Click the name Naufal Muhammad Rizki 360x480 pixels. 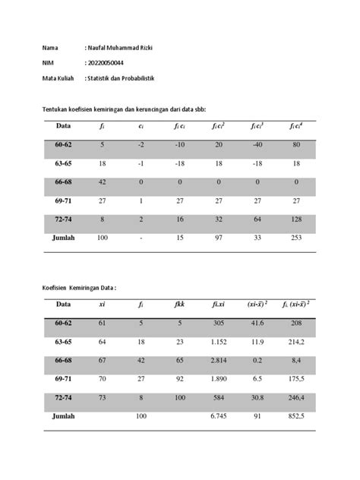coord(125,49)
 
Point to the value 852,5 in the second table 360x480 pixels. coord(296,416)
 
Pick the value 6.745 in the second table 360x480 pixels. coord(218,416)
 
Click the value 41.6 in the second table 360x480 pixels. coord(257,322)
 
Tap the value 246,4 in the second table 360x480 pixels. coord(296,396)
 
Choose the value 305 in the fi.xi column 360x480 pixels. coord(218,322)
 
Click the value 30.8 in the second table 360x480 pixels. coord(257,396)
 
